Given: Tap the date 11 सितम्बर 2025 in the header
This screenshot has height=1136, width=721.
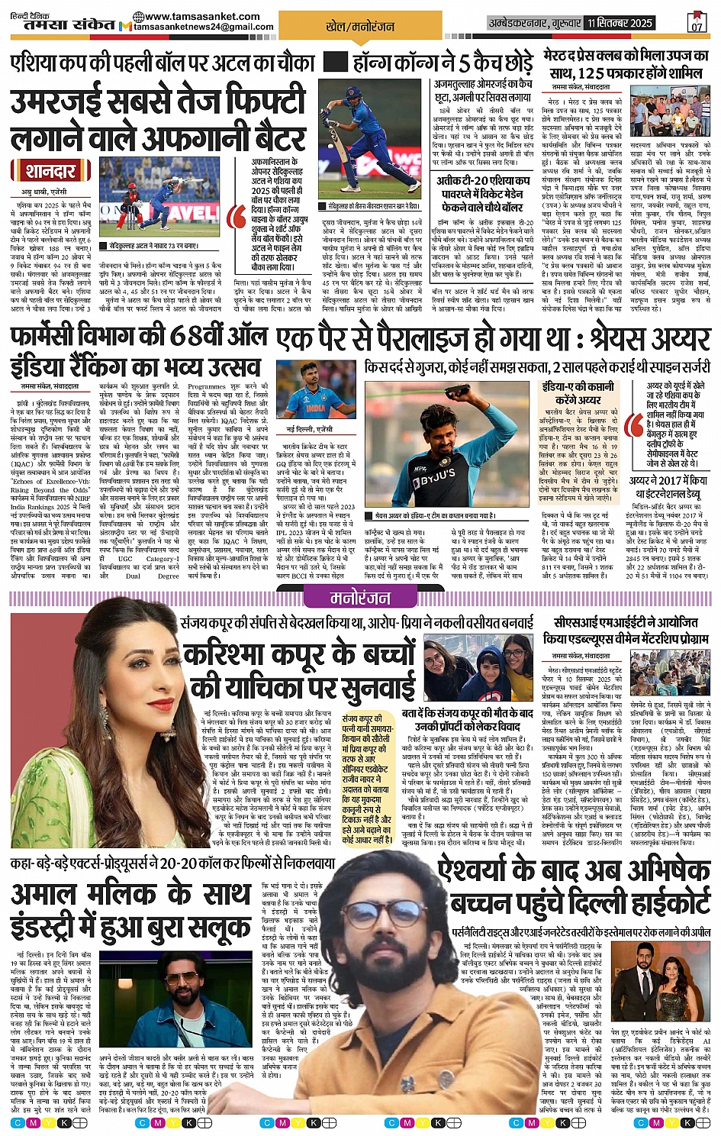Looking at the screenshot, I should pyautogui.click(x=620, y=23).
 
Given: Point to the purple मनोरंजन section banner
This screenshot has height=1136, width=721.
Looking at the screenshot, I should pyautogui.click(x=359, y=599).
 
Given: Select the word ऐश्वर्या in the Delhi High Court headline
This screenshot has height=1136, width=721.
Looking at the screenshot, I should pyautogui.click(x=492, y=870).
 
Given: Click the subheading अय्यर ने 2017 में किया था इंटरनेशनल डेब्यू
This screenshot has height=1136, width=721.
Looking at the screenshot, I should pyautogui.click(x=668, y=487).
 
